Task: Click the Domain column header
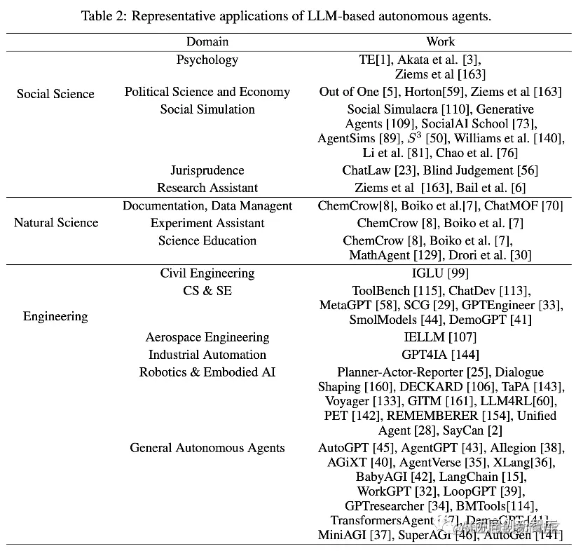(x=207, y=42)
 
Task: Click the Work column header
(x=440, y=42)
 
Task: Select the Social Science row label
(x=55, y=93)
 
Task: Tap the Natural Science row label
(x=56, y=223)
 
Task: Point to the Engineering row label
(x=55, y=316)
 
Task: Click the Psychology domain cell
(x=207, y=60)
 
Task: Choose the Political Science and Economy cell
(x=207, y=92)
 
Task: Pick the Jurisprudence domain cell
(x=207, y=170)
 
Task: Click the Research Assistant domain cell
(x=207, y=188)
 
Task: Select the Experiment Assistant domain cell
(x=207, y=223)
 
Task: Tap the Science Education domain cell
(x=207, y=240)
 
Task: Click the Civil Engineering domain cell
(x=207, y=273)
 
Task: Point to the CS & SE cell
(x=207, y=290)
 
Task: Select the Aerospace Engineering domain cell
(x=207, y=338)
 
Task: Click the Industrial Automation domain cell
(x=207, y=355)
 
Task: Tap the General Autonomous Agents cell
(x=207, y=448)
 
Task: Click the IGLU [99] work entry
(x=440, y=273)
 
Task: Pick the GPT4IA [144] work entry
(x=440, y=355)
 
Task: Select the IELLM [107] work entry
(x=440, y=338)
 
